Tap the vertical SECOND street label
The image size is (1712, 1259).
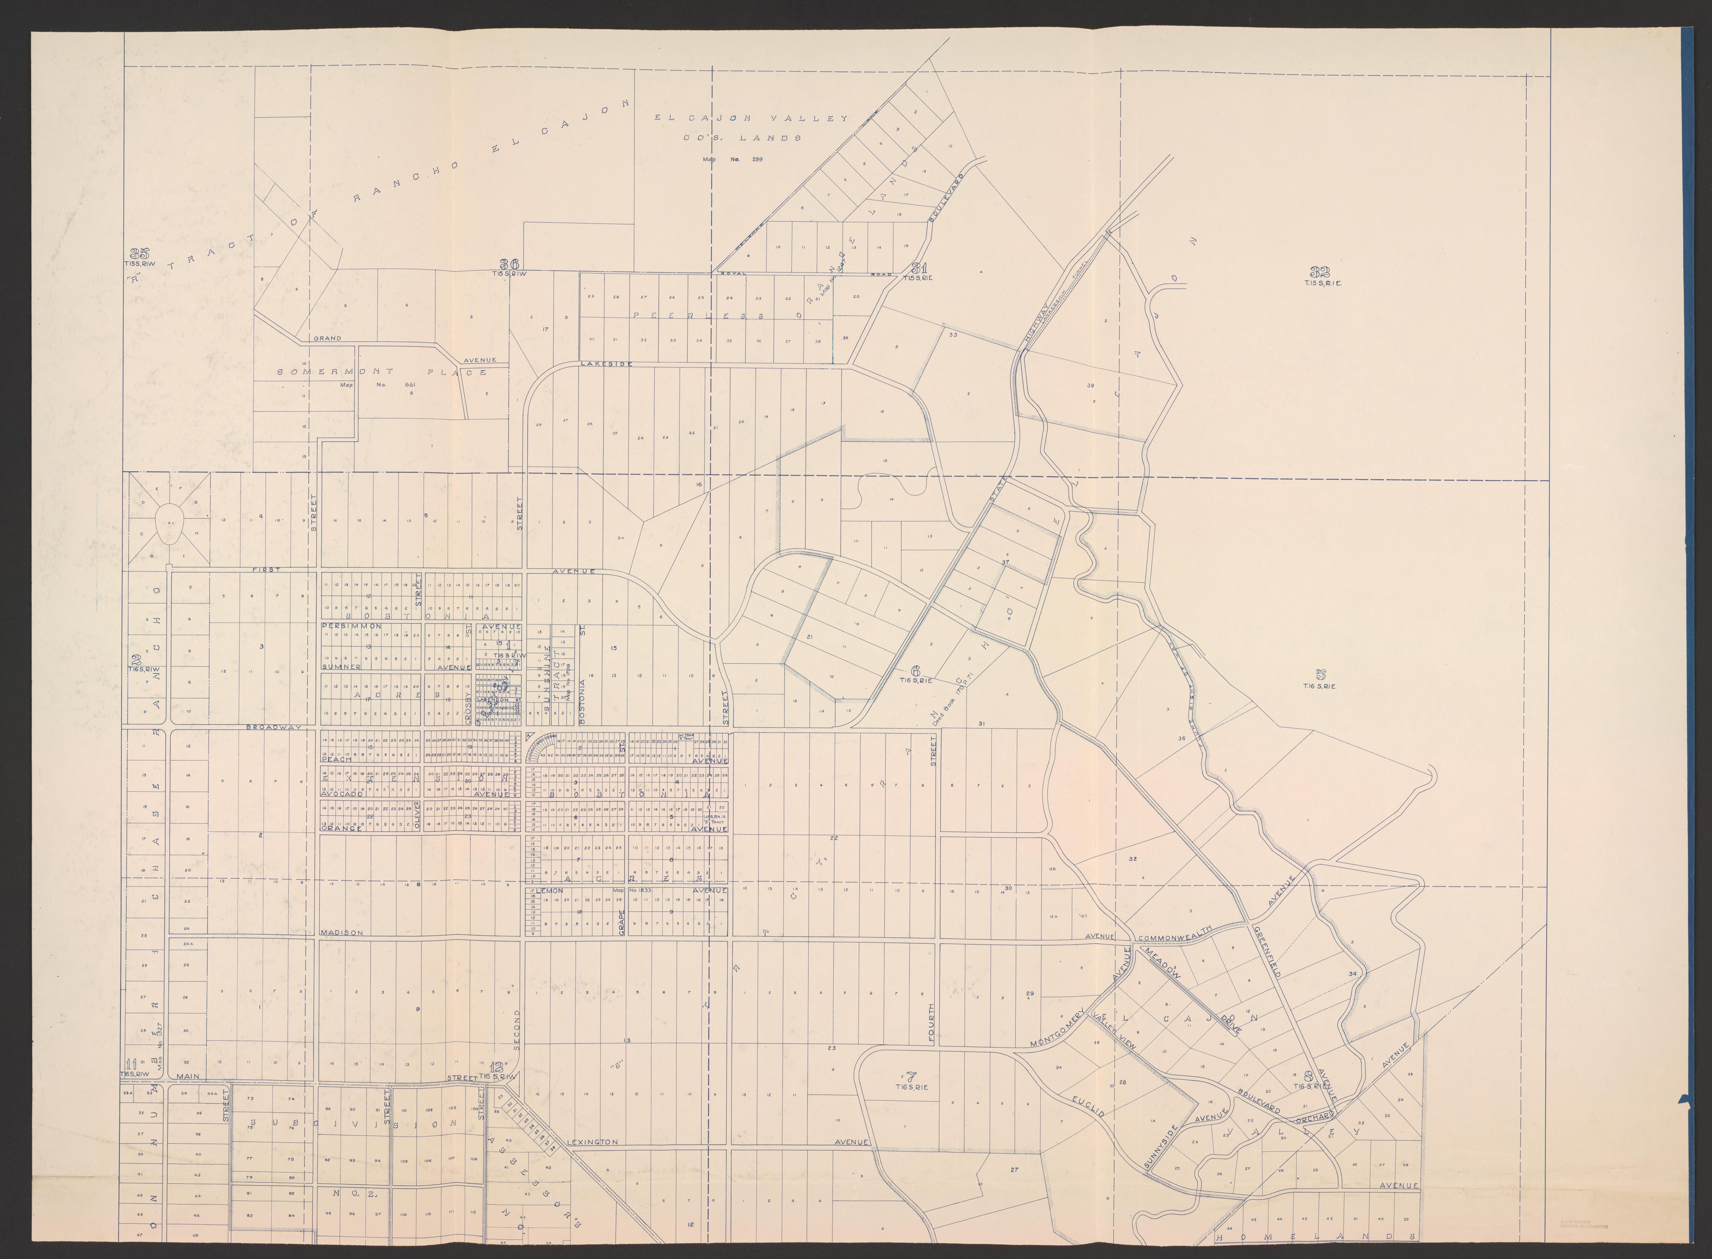[x=517, y=1030]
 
